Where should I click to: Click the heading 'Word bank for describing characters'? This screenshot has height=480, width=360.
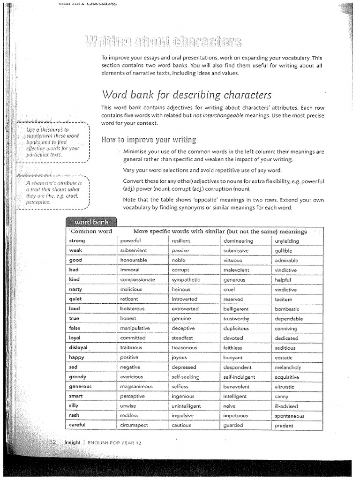pyautogui.click(x=186, y=95)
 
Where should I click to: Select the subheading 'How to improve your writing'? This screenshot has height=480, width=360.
pyautogui.click(x=149, y=140)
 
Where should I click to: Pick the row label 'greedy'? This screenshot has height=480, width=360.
pyautogui.click(x=77, y=377)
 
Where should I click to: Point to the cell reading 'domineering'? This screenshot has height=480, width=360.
pyautogui.click(x=238, y=241)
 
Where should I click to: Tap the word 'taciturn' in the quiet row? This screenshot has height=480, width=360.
pyautogui.click(x=283, y=299)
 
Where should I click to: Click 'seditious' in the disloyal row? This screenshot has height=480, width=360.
pyautogui.click(x=285, y=348)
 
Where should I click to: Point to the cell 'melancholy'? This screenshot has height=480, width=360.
pyautogui.click(x=288, y=367)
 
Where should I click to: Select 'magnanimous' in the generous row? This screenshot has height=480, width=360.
pyautogui.click(x=136, y=387)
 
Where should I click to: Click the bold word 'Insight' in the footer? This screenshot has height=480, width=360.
pyautogui.click(x=72, y=442)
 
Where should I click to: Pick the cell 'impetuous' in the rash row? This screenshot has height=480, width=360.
pyautogui.click(x=236, y=416)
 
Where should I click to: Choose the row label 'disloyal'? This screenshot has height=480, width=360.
pyautogui.click(x=78, y=348)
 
